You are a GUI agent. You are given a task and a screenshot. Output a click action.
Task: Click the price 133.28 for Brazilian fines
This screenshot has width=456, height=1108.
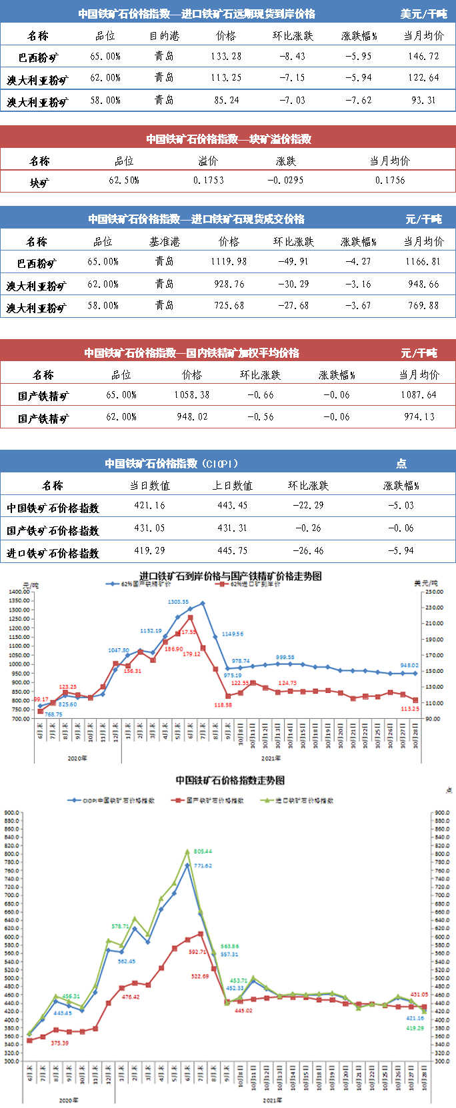click(226, 57)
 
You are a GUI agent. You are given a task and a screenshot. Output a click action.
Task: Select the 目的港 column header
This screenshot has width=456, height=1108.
click(164, 36)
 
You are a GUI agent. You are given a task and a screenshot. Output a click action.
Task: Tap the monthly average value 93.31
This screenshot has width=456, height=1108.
click(424, 101)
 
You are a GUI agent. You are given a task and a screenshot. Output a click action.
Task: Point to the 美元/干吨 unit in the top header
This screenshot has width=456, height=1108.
click(423, 14)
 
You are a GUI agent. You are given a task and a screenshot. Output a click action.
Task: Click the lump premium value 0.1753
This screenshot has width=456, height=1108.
click(209, 181)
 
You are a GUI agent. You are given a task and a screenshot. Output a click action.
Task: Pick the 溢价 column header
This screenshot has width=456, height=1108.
click(208, 161)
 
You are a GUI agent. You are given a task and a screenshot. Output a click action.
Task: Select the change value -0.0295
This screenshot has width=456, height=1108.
click(285, 181)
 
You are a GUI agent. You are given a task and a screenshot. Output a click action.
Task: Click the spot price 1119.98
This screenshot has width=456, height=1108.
click(229, 262)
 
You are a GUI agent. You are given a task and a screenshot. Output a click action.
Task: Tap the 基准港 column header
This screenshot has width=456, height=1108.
click(164, 242)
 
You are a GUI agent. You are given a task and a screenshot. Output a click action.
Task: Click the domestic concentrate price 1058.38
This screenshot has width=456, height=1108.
click(192, 395)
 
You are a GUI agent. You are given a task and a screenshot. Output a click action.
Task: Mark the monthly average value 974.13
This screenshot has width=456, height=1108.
click(419, 417)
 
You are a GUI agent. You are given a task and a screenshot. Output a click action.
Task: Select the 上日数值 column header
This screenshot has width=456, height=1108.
click(232, 486)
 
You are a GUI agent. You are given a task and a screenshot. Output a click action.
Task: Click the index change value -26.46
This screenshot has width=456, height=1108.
click(309, 551)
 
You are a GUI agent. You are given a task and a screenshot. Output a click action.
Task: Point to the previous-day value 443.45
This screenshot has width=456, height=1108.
click(232, 506)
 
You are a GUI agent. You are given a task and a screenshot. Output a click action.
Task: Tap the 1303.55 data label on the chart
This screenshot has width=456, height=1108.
click(178, 602)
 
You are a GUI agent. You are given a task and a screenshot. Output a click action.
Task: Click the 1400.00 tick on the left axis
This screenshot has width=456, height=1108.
click(19, 592)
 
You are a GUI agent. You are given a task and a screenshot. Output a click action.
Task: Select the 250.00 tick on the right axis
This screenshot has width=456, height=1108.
click(434, 592)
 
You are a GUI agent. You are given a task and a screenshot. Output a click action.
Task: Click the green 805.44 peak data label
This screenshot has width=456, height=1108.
click(203, 851)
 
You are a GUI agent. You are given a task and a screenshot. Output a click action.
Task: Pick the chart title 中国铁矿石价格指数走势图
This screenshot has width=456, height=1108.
click(230, 780)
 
